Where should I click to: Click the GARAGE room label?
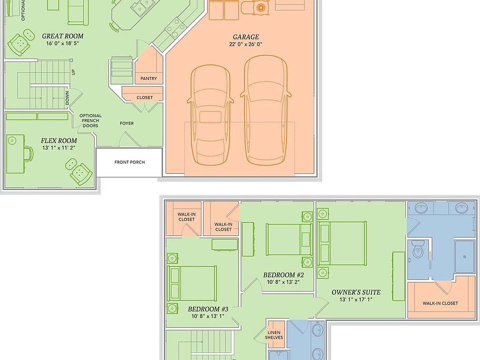[x=246, y=36]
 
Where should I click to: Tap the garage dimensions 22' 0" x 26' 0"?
[x=245, y=44]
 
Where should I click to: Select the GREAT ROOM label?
[x=63, y=36]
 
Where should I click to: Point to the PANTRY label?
[x=149, y=78]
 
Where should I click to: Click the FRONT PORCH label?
[x=129, y=162]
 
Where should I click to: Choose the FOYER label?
[x=126, y=123]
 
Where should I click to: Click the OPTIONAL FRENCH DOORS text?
[x=90, y=120]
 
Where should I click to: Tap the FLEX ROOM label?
[x=59, y=141]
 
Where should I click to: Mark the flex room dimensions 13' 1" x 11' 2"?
[x=59, y=148]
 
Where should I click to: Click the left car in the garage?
[x=210, y=115]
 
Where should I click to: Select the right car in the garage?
[x=265, y=110]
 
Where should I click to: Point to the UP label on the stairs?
[x=73, y=72]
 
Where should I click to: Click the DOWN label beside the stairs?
[x=67, y=98]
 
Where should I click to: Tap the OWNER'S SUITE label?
[x=356, y=292]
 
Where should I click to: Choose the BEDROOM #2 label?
[x=283, y=275]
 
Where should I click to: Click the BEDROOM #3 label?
[x=208, y=309]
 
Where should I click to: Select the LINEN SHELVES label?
[x=274, y=335]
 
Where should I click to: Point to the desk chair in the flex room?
[x=29, y=153]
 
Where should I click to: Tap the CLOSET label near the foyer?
[x=145, y=97]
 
